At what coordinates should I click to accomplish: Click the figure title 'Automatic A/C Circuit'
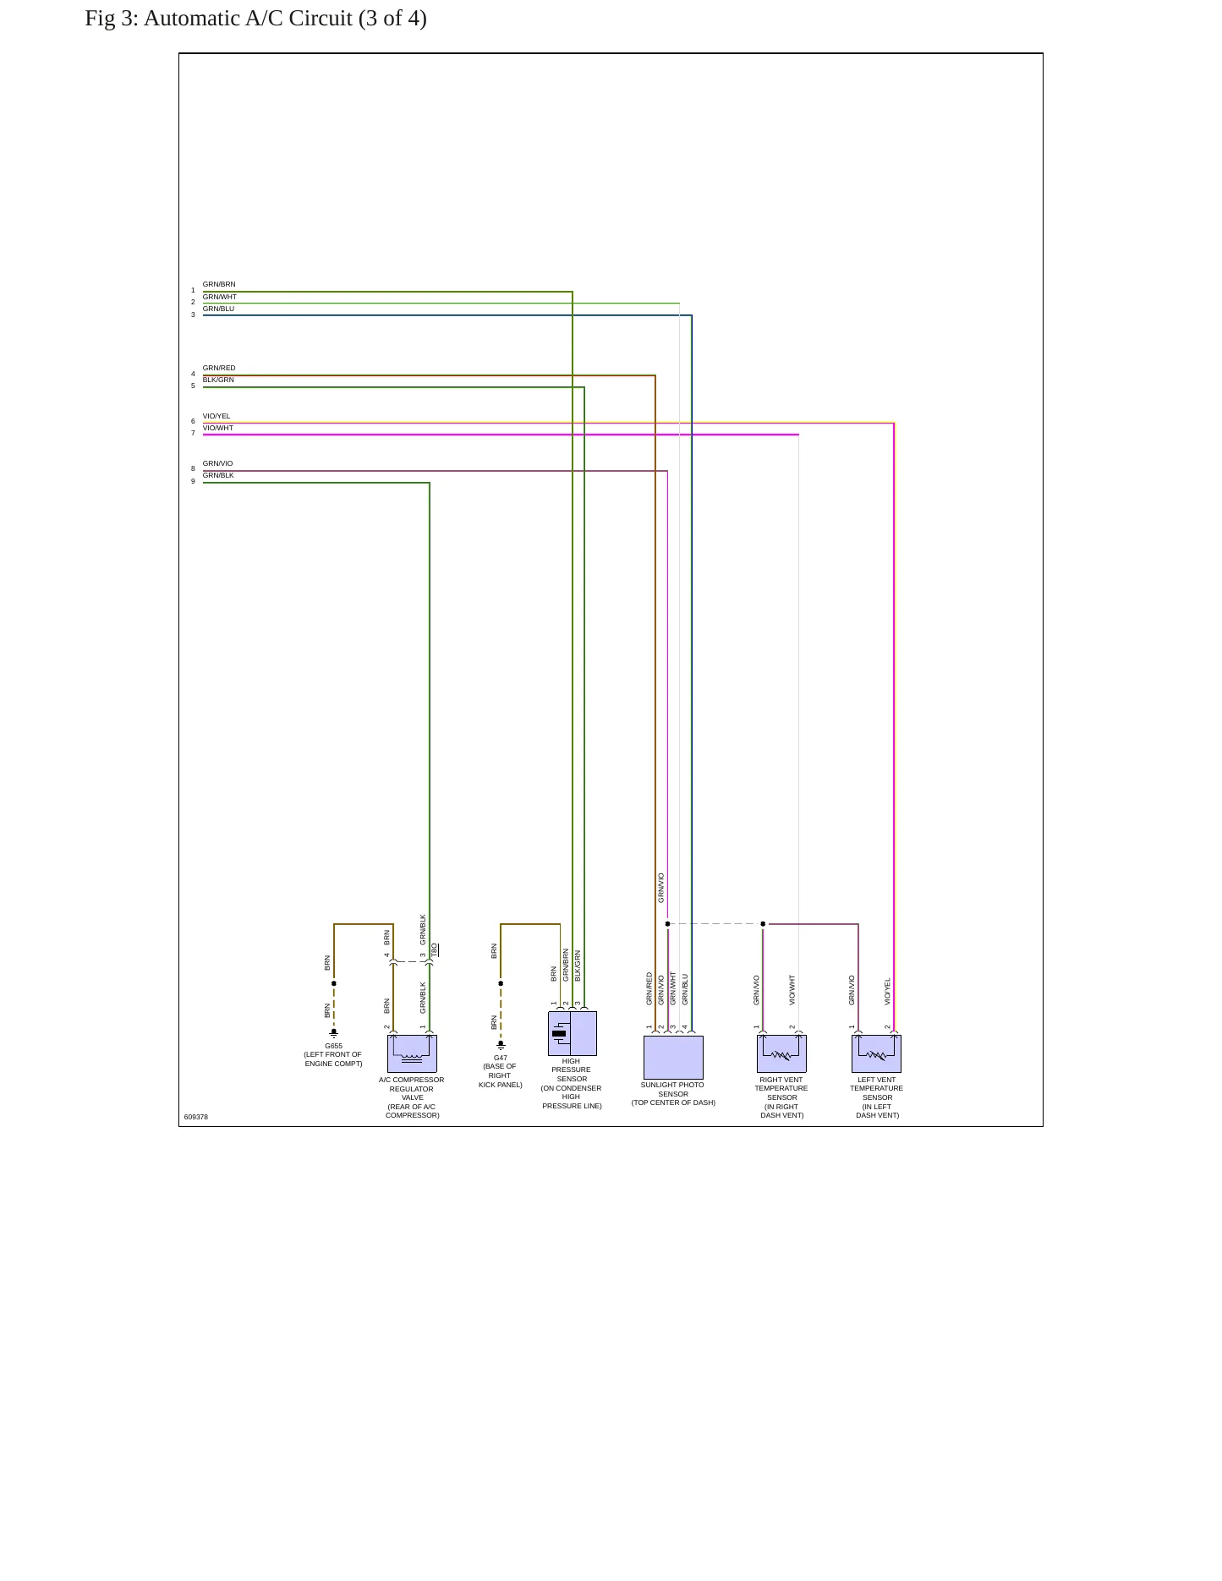point(248,19)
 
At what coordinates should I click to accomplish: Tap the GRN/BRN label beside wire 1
point(219,285)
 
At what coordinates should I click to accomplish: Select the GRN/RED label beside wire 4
point(219,369)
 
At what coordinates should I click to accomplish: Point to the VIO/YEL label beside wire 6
point(216,417)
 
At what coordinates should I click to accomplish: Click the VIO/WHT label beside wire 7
point(218,429)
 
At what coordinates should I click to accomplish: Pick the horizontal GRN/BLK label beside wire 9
point(218,476)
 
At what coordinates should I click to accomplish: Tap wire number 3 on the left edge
point(193,315)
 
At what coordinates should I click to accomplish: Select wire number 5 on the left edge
point(193,386)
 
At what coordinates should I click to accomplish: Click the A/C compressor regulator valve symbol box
point(412,1053)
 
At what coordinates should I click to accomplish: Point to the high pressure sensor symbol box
point(573,1033)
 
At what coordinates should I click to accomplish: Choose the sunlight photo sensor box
point(673,1057)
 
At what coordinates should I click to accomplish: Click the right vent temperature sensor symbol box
point(781,1053)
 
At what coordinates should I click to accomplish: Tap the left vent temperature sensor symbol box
point(876,1053)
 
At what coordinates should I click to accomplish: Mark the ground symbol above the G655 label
point(334,1033)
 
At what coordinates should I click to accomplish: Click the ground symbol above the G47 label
point(501,1045)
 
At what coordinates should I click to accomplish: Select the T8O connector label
point(435,950)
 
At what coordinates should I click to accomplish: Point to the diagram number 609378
point(196,1118)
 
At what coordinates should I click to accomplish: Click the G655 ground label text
point(334,1046)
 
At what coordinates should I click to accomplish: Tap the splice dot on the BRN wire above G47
point(501,983)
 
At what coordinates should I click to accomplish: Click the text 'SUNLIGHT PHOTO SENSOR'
point(672,1090)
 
